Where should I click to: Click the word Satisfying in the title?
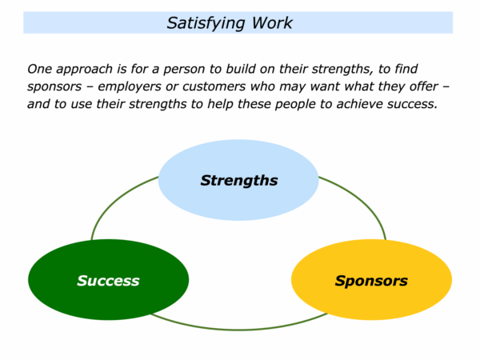pyautogui.click(x=206, y=23)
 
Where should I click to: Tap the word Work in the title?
pyautogui.click(x=272, y=23)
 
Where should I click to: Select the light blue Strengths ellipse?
pyautogui.click(x=238, y=180)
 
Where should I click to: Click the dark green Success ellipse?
pyautogui.click(x=108, y=280)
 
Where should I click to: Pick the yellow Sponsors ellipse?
pyautogui.click(x=371, y=280)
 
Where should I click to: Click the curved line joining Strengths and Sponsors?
pyautogui.click(x=362, y=201)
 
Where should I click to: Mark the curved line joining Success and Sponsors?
pyautogui.click(x=238, y=330)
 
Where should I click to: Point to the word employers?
pyautogui.click(x=129, y=87)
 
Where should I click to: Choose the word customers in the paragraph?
pyautogui.click(x=214, y=86)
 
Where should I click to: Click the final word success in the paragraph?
pyautogui.click(x=412, y=105)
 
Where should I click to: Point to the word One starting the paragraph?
pyautogui.click(x=39, y=69)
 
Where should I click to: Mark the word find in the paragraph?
pyautogui.click(x=406, y=69)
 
